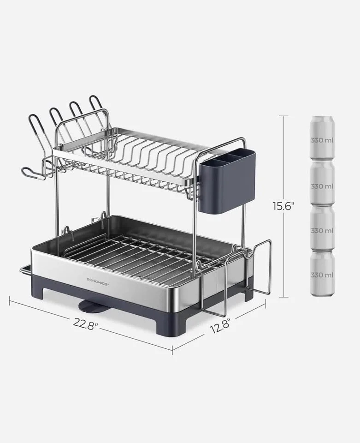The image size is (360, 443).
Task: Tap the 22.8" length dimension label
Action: click(x=85, y=323)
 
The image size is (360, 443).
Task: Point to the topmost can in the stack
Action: click(x=322, y=138)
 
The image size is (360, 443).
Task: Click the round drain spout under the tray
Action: click(x=89, y=304)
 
